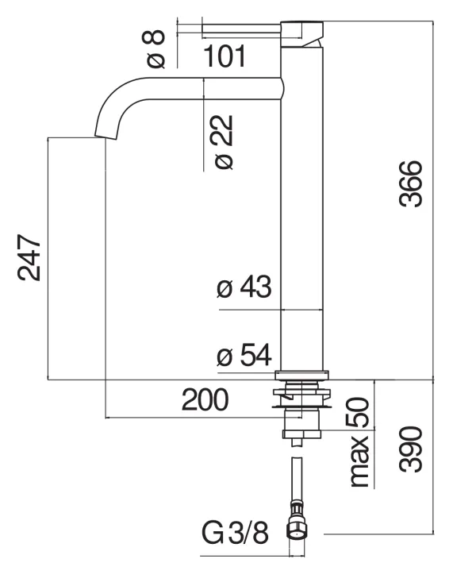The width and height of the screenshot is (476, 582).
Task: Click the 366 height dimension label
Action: tap(411, 184)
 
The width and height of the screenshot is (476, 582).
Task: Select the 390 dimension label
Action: tap(411, 449)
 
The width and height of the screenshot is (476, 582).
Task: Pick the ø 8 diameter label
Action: tap(155, 48)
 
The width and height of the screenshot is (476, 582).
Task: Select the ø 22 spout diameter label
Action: tap(225, 141)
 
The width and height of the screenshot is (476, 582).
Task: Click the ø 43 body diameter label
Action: tap(244, 287)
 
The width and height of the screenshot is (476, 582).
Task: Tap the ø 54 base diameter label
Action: tap(244, 357)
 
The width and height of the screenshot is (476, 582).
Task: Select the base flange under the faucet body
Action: tap(302, 376)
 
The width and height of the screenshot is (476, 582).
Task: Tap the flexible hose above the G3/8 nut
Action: tap(297, 476)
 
